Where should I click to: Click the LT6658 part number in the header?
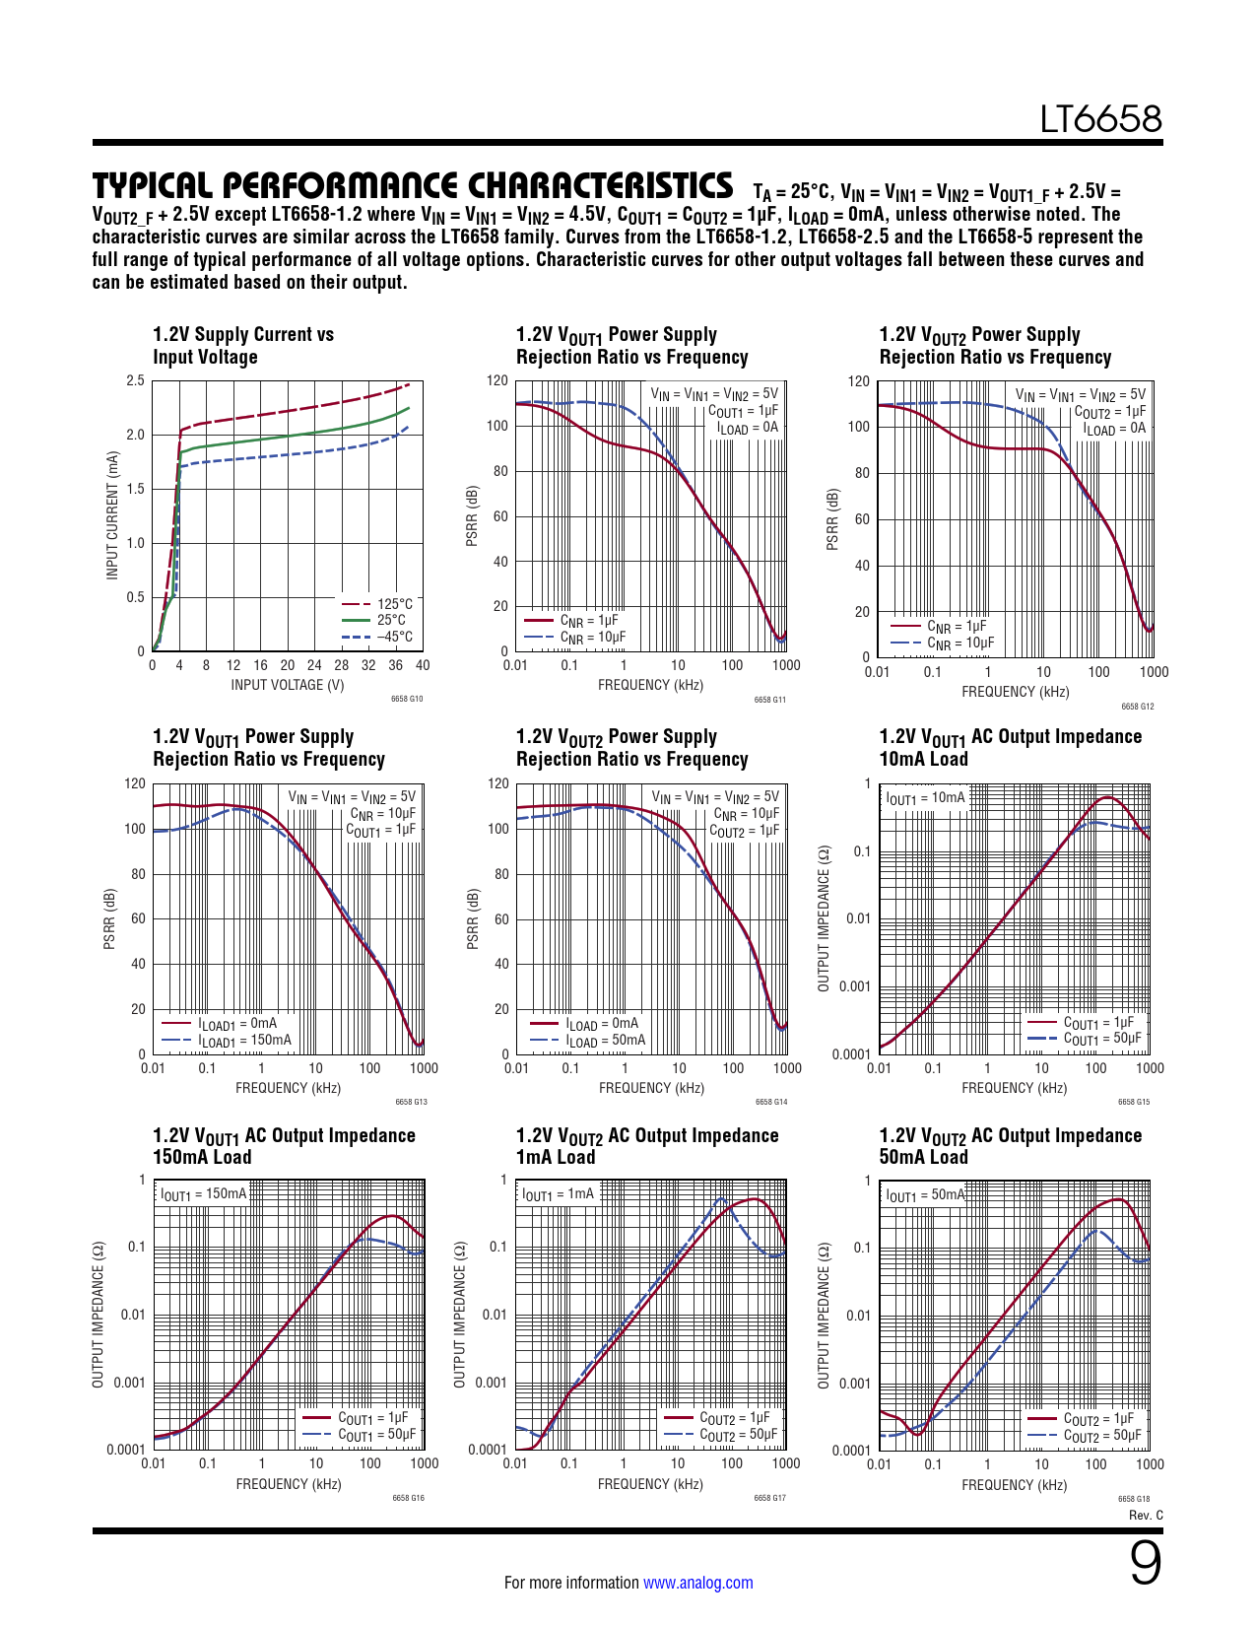tap(1100, 119)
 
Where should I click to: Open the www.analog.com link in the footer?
tap(697, 1583)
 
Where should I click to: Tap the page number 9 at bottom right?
tap(1145, 1564)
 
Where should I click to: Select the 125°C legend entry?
tap(394, 603)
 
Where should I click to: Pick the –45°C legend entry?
tap(394, 637)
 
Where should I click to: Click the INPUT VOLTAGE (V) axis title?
tap(287, 685)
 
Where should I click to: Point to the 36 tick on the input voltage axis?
tap(395, 665)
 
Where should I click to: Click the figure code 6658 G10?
tap(406, 700)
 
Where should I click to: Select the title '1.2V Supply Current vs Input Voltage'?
tap(243, 346)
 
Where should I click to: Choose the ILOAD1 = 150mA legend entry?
tap(244, 1040)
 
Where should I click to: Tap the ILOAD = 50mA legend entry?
tap(605, 1040)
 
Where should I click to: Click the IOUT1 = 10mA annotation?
tap(925, 797)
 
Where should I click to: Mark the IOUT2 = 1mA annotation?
tap(559, 1193)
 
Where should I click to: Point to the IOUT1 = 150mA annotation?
tap(203, 1193)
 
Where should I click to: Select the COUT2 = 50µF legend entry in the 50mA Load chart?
tap(1101, 1436)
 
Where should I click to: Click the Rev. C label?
tap(1146, 1515)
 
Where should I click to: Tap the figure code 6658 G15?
tap(1133, 1102)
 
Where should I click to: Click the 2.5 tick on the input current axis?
tap(135, 380)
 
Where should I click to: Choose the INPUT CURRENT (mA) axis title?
tap(112, 515)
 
